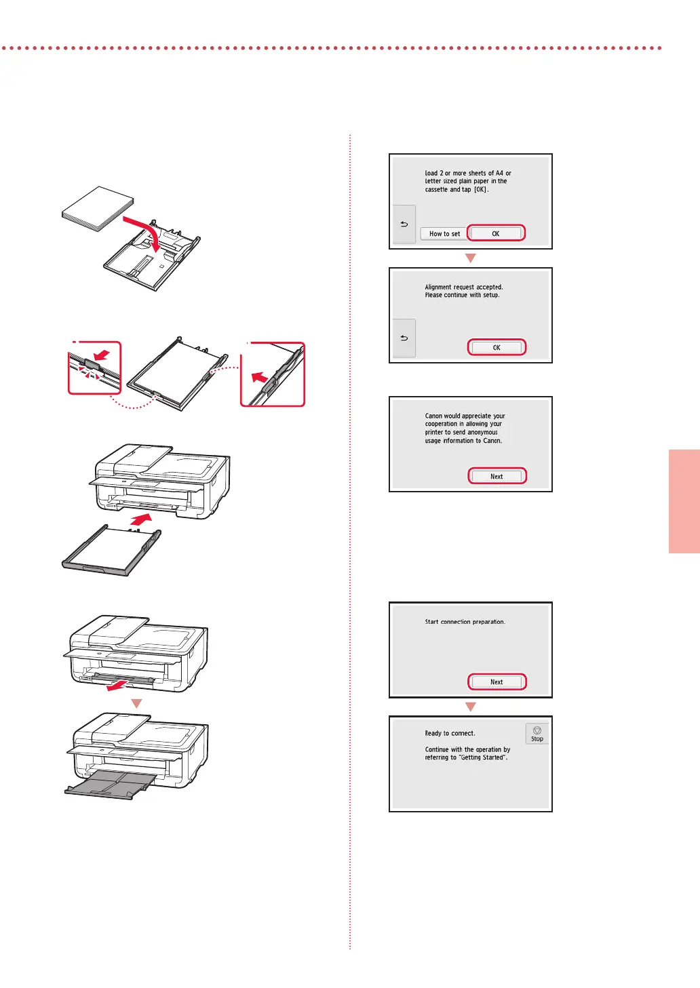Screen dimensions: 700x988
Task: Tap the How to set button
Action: [444, 234]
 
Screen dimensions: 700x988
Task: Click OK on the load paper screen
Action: [496, 233]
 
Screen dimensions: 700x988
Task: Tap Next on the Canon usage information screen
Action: [497, 476]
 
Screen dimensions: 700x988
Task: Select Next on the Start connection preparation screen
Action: [497, 682]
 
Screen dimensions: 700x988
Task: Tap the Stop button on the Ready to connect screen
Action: [537, 734]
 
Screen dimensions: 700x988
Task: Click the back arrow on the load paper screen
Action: [404, 224]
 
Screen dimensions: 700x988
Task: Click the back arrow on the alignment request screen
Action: [404, 338]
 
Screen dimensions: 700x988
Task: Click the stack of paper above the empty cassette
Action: [98, 208]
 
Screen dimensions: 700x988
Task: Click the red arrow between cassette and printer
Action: [141, 519]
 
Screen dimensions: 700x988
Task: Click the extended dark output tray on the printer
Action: [111, 785]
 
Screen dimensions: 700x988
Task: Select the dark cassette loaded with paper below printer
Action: [112, 550]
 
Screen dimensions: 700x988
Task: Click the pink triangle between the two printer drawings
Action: [137, 703]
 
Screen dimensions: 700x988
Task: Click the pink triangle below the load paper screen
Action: [471, 258]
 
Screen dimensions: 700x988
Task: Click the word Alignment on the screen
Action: [438, 287]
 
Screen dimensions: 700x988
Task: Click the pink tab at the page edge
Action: [684, 501]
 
